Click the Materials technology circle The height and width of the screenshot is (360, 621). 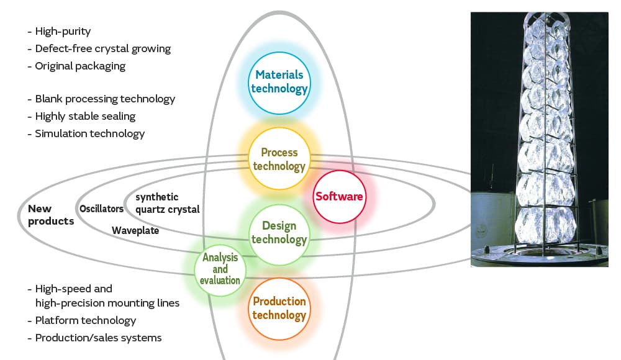(x=279, y=82)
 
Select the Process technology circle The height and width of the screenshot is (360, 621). (x=279, y=160)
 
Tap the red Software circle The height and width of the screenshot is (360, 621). (x=339, y=196)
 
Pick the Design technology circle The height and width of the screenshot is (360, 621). (x=279, y=233)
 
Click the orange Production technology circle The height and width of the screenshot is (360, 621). (x=279, y=308)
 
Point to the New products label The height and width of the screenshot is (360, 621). (x=50, y=215)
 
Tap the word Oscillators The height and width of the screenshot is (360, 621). (x=101, y=209)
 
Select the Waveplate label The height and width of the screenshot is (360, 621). (x=135, y=230)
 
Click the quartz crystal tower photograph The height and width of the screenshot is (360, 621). (x=539, y=140)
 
